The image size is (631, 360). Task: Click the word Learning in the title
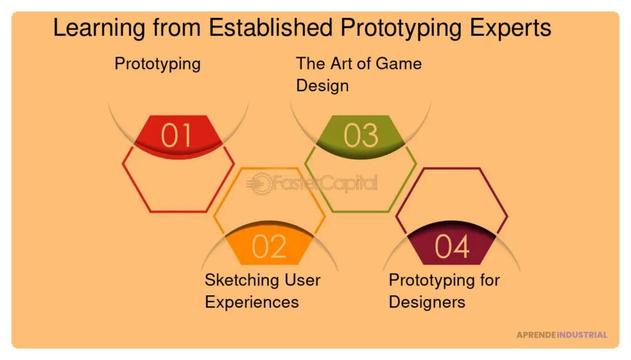click(99, 29)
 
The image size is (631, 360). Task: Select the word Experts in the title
click(510, 29)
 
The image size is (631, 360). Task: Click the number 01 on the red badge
click(176, 135)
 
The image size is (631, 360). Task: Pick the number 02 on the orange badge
click(269, 247)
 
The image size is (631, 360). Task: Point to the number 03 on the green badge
click(360, 135)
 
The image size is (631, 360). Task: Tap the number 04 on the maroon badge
click(452, 247)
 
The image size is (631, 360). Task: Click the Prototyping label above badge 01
click(158, 65)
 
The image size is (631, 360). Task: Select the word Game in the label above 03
click(398, 63)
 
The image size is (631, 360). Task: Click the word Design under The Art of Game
click(322, 86)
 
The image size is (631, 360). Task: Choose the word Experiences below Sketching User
click(252, 303)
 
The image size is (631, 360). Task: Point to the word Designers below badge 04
click(427, 303)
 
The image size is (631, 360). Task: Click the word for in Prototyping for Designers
click(490, 280)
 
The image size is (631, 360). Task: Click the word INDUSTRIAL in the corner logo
click(582, 335)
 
